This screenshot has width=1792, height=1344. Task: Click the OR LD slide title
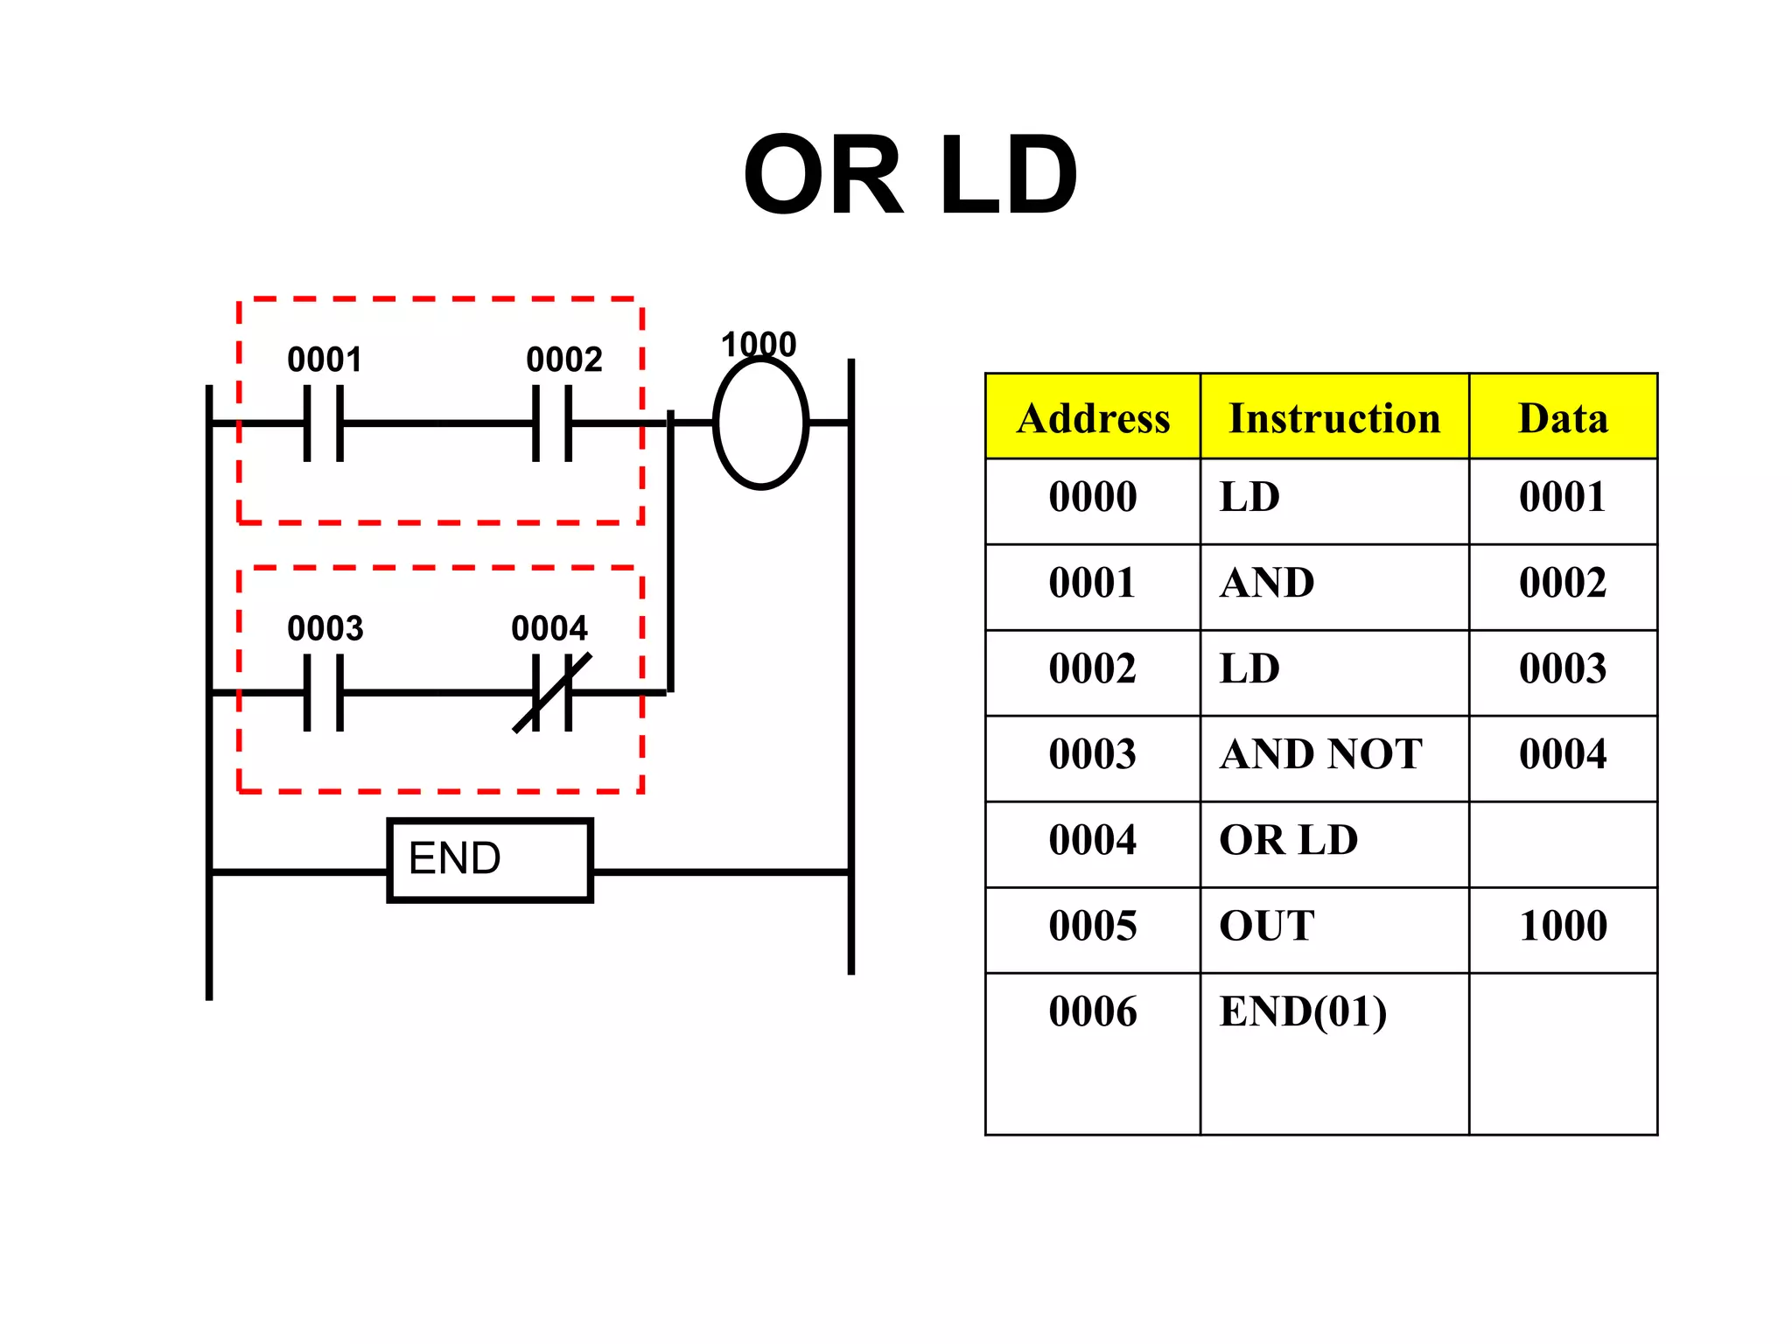[x=910, y=175]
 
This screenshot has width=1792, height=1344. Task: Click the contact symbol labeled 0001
[x=324, y=423]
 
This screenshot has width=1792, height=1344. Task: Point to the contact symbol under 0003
[x=324, y=692]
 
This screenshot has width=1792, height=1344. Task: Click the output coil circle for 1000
[x=760, y=423]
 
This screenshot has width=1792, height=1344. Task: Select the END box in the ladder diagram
[x=490, y=859]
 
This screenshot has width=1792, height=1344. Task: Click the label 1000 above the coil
[x=759, y=344]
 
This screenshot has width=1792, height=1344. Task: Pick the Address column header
[x=1093, y=417]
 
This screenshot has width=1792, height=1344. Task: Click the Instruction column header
[x=1334, y=417]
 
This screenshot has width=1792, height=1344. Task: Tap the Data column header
[x=1563, y=417]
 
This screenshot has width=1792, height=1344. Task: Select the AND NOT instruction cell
[x=1321, y=754]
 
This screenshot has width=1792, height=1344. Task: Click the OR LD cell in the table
[x=1288, y=840]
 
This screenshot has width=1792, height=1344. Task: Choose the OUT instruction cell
[x=1267, y=926]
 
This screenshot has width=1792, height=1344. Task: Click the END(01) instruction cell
[x=1303, y=1011]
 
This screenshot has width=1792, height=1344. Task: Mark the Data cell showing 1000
[x=1563, y=926]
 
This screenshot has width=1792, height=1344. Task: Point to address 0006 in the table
[x=1093, y=1011]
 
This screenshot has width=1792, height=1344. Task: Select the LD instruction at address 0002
[x=1249, y=668]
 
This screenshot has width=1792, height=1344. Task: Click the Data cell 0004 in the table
[x=1563, y=754]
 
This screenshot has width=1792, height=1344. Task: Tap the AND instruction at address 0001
[x=1267, y=583]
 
